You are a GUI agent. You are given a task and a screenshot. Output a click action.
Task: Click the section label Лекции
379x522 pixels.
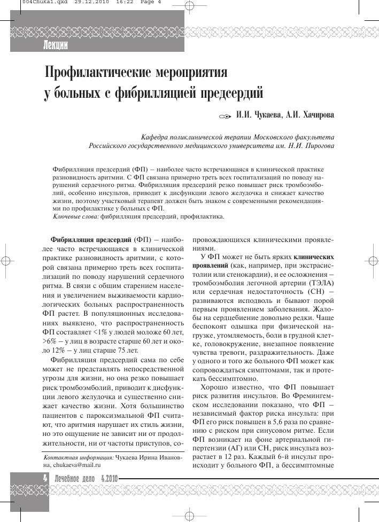pyautogui.click(x=56, y=45)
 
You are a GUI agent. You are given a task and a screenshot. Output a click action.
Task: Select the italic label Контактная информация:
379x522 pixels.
pyautogui.click(x=78, y=457)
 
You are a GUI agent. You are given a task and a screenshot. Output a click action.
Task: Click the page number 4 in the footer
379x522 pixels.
pyautogui.click(x=45, y=479)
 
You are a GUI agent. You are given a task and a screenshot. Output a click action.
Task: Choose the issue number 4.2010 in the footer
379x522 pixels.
pyautogui.click(x=109, y=479)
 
